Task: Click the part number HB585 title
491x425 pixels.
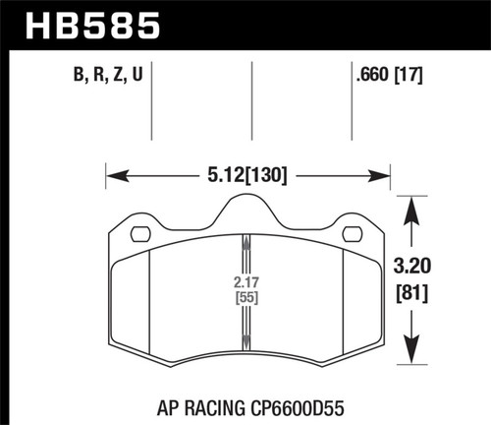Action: (86, 24)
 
